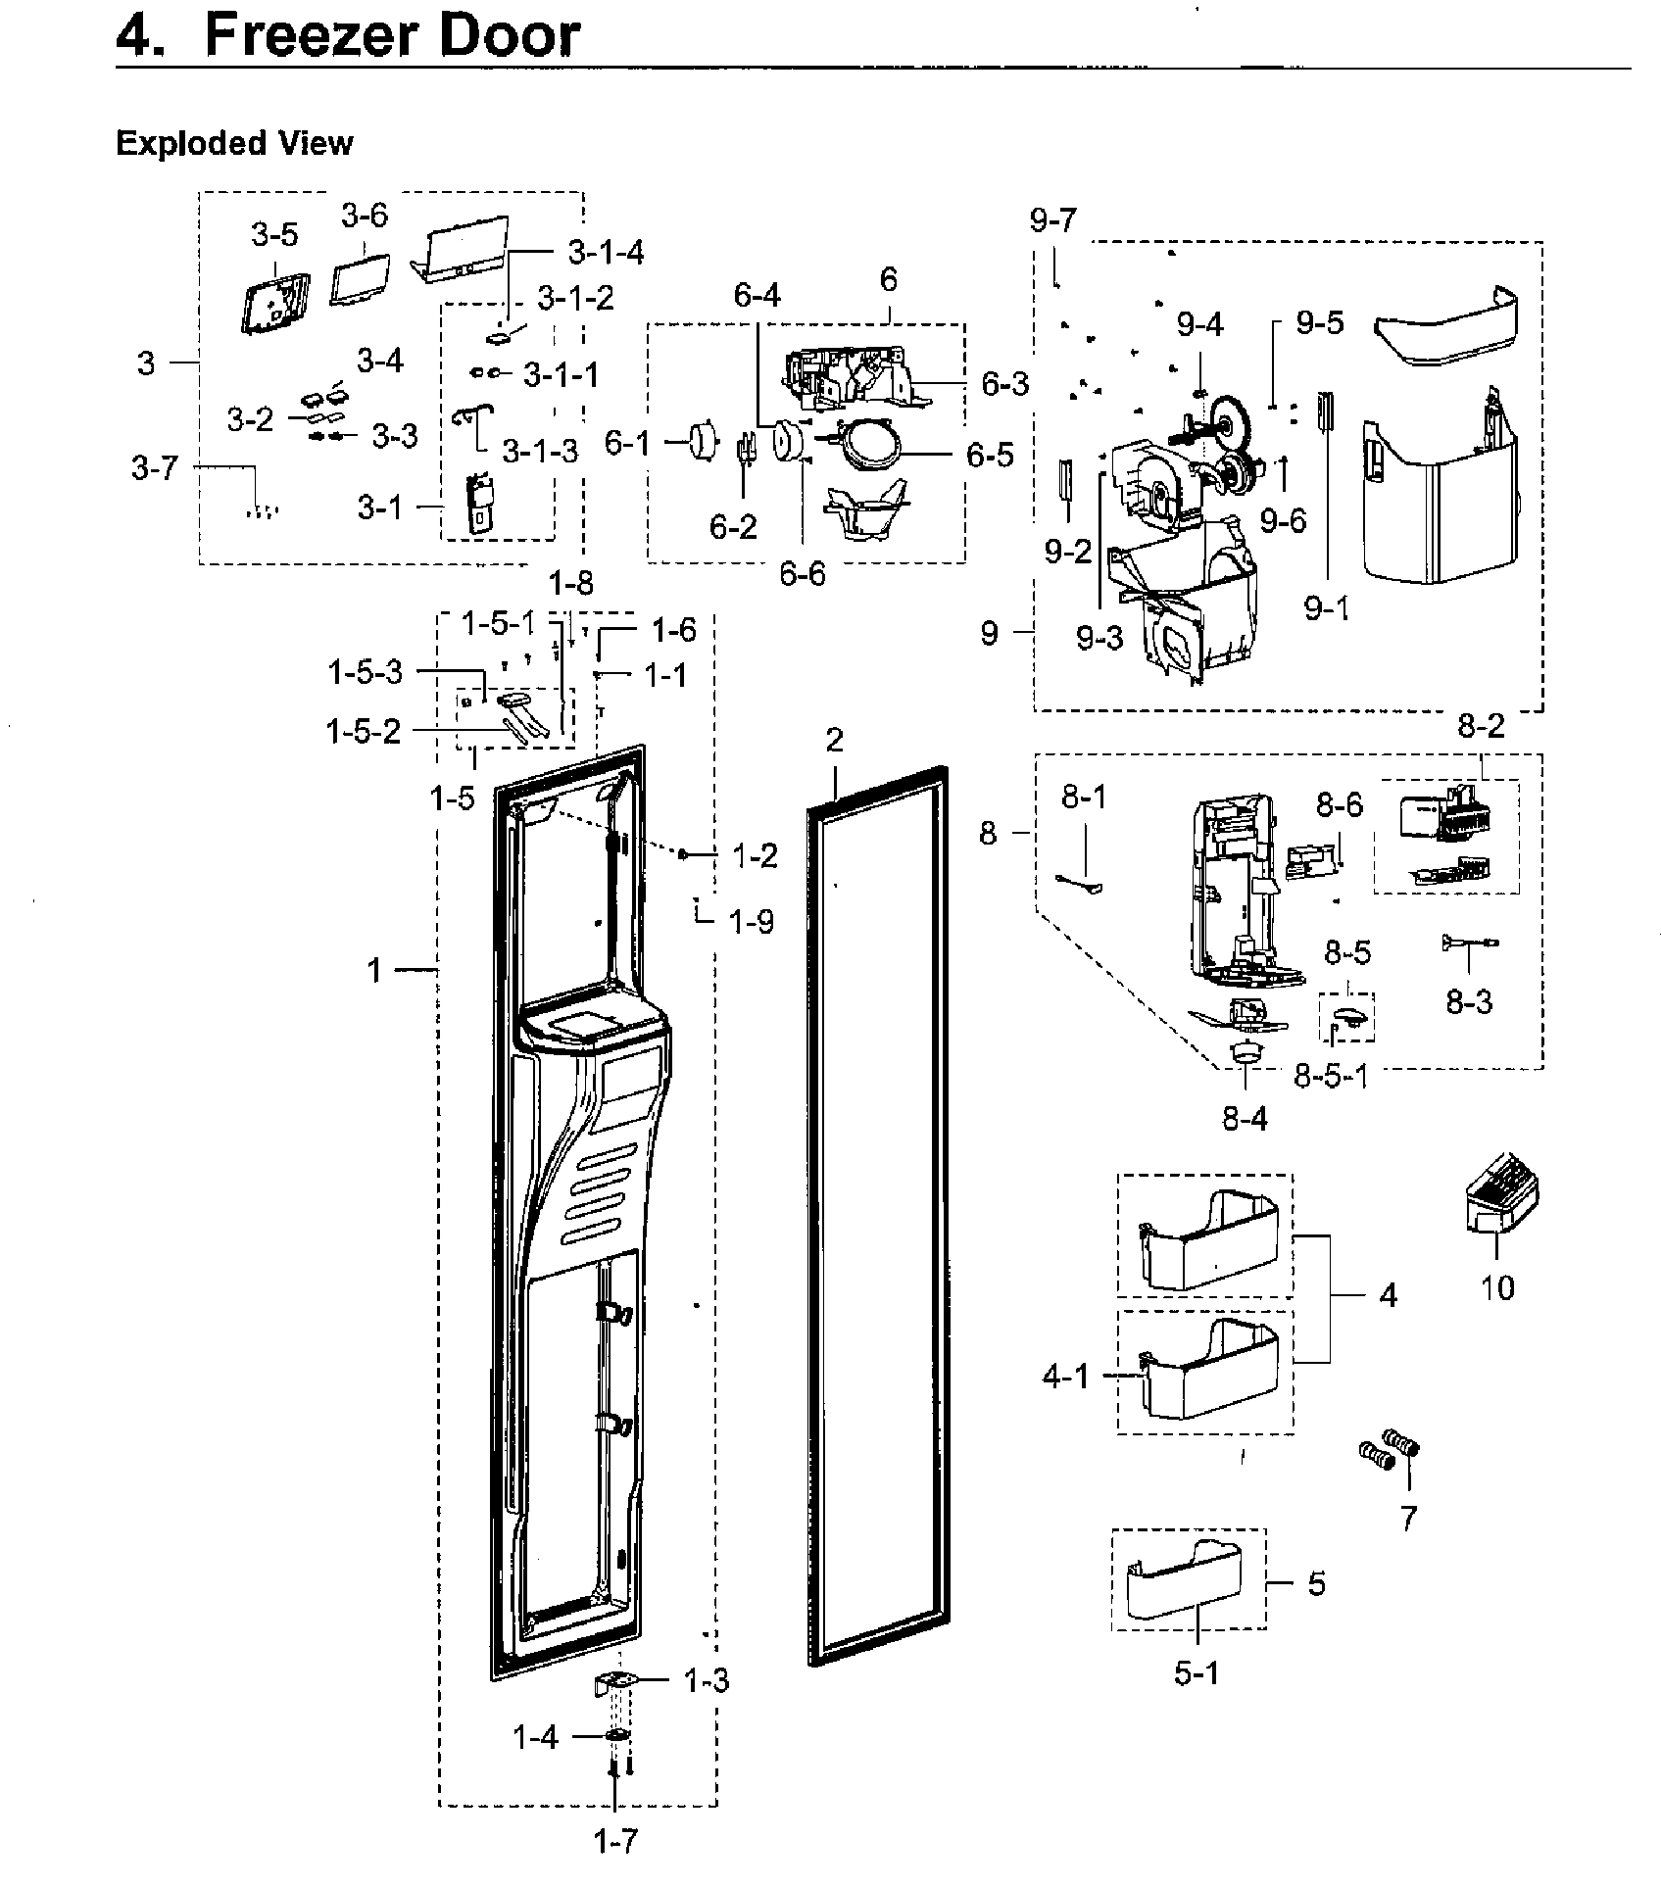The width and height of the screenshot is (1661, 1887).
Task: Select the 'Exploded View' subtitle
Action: coord(234,143)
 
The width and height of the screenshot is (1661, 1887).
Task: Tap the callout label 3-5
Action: coord(274,235)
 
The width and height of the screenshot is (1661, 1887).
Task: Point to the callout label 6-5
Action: coord(991,456)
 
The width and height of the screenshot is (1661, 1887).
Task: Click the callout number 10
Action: coord(1497,1287)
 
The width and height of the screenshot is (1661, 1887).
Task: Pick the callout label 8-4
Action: coord(1245,1118)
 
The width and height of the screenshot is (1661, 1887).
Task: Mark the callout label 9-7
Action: coord(1053,221)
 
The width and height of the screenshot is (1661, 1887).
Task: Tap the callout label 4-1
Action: coord(1066,1377)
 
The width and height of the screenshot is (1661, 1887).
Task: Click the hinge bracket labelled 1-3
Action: coord(615,1681)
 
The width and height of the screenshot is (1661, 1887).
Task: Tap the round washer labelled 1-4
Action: coord(616,1736)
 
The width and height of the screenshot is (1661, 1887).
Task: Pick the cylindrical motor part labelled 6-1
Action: coord(700,441)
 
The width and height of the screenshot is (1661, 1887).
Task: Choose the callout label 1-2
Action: coord(756,856)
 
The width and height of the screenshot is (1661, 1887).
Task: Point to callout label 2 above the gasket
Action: coord(834,740)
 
